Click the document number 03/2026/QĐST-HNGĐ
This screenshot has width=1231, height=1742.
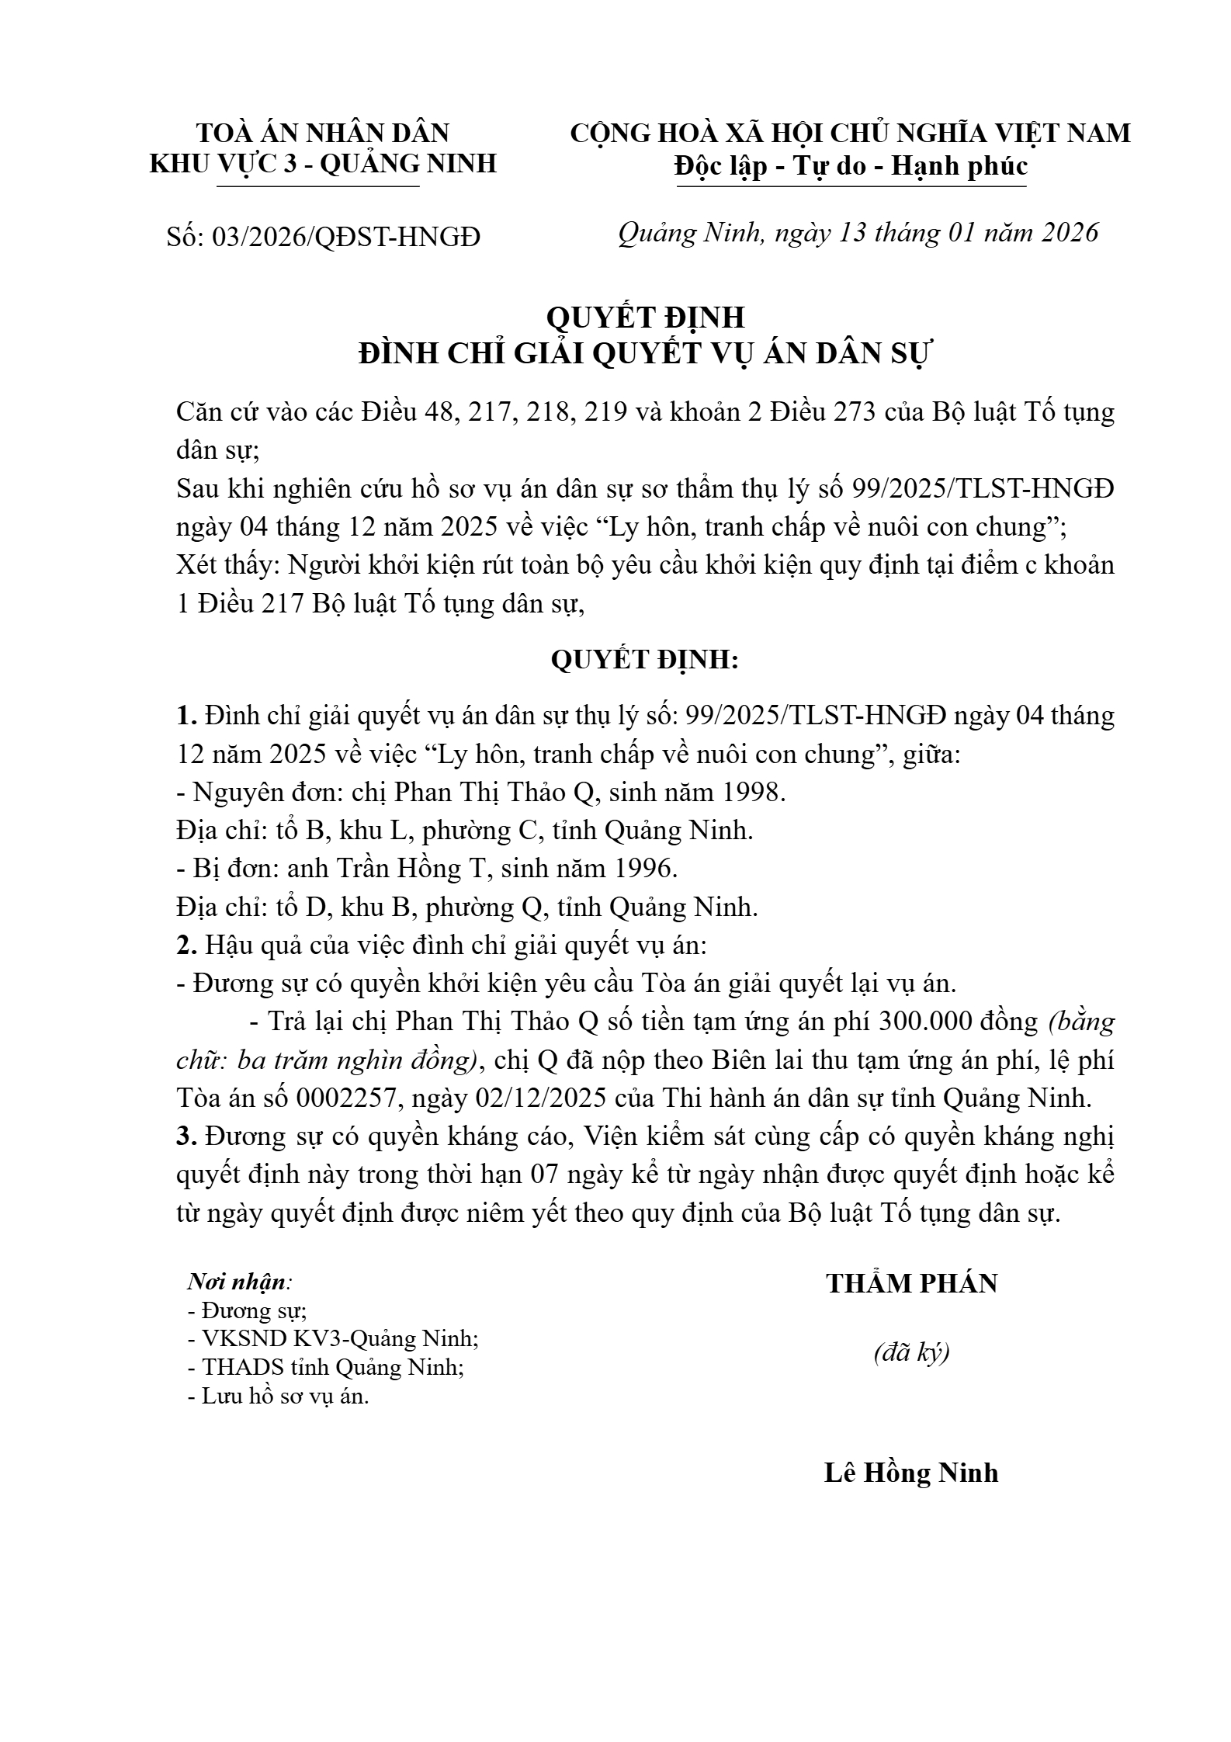coord(346,236)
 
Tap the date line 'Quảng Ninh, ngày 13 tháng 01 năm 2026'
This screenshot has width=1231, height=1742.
coord(858,233)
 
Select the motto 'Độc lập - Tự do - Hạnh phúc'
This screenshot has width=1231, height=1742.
coord(851,166)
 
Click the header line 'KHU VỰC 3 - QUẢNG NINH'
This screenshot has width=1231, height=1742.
coord(323,164)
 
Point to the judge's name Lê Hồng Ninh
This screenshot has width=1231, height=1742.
coord(911,1473)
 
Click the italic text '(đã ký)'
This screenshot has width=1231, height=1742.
coord(911,1353)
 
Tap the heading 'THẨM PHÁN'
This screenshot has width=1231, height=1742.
coord(911,1284)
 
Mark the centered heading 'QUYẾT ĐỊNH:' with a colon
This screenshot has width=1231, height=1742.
coord(645,660)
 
